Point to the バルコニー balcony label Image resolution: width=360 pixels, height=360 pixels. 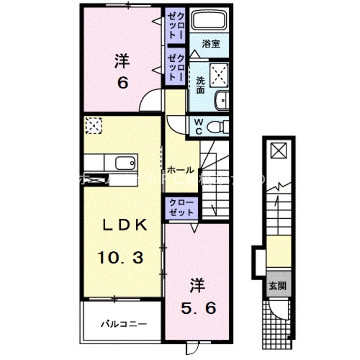[124, 324]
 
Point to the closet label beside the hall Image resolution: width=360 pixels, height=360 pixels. [181, 208]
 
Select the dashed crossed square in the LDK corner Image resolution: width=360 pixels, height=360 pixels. [92, 125]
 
